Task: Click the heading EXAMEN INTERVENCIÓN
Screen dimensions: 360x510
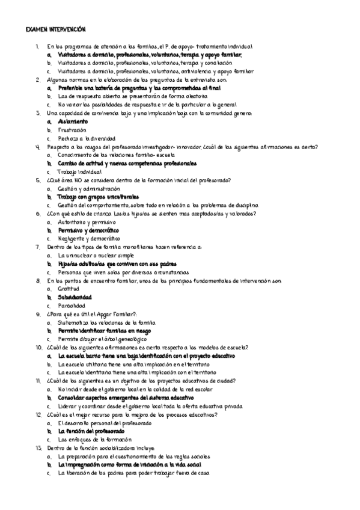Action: pyautogui.click(x=56, y=29)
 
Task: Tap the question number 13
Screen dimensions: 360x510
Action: pyautogui.click(x=38, y=448)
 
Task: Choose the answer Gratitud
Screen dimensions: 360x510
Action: pyautogui.click(x=69, y=289)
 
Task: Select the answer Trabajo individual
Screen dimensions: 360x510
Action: pyautogui.click(x=79, y=171)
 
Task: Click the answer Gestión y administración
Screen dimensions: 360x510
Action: pyautogui.click(x=89, y=188)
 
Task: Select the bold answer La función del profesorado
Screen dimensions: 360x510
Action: pyautogui.click(x=91, y=431)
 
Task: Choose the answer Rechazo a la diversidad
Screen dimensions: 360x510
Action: pyautogui.click(x=87, y=138)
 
